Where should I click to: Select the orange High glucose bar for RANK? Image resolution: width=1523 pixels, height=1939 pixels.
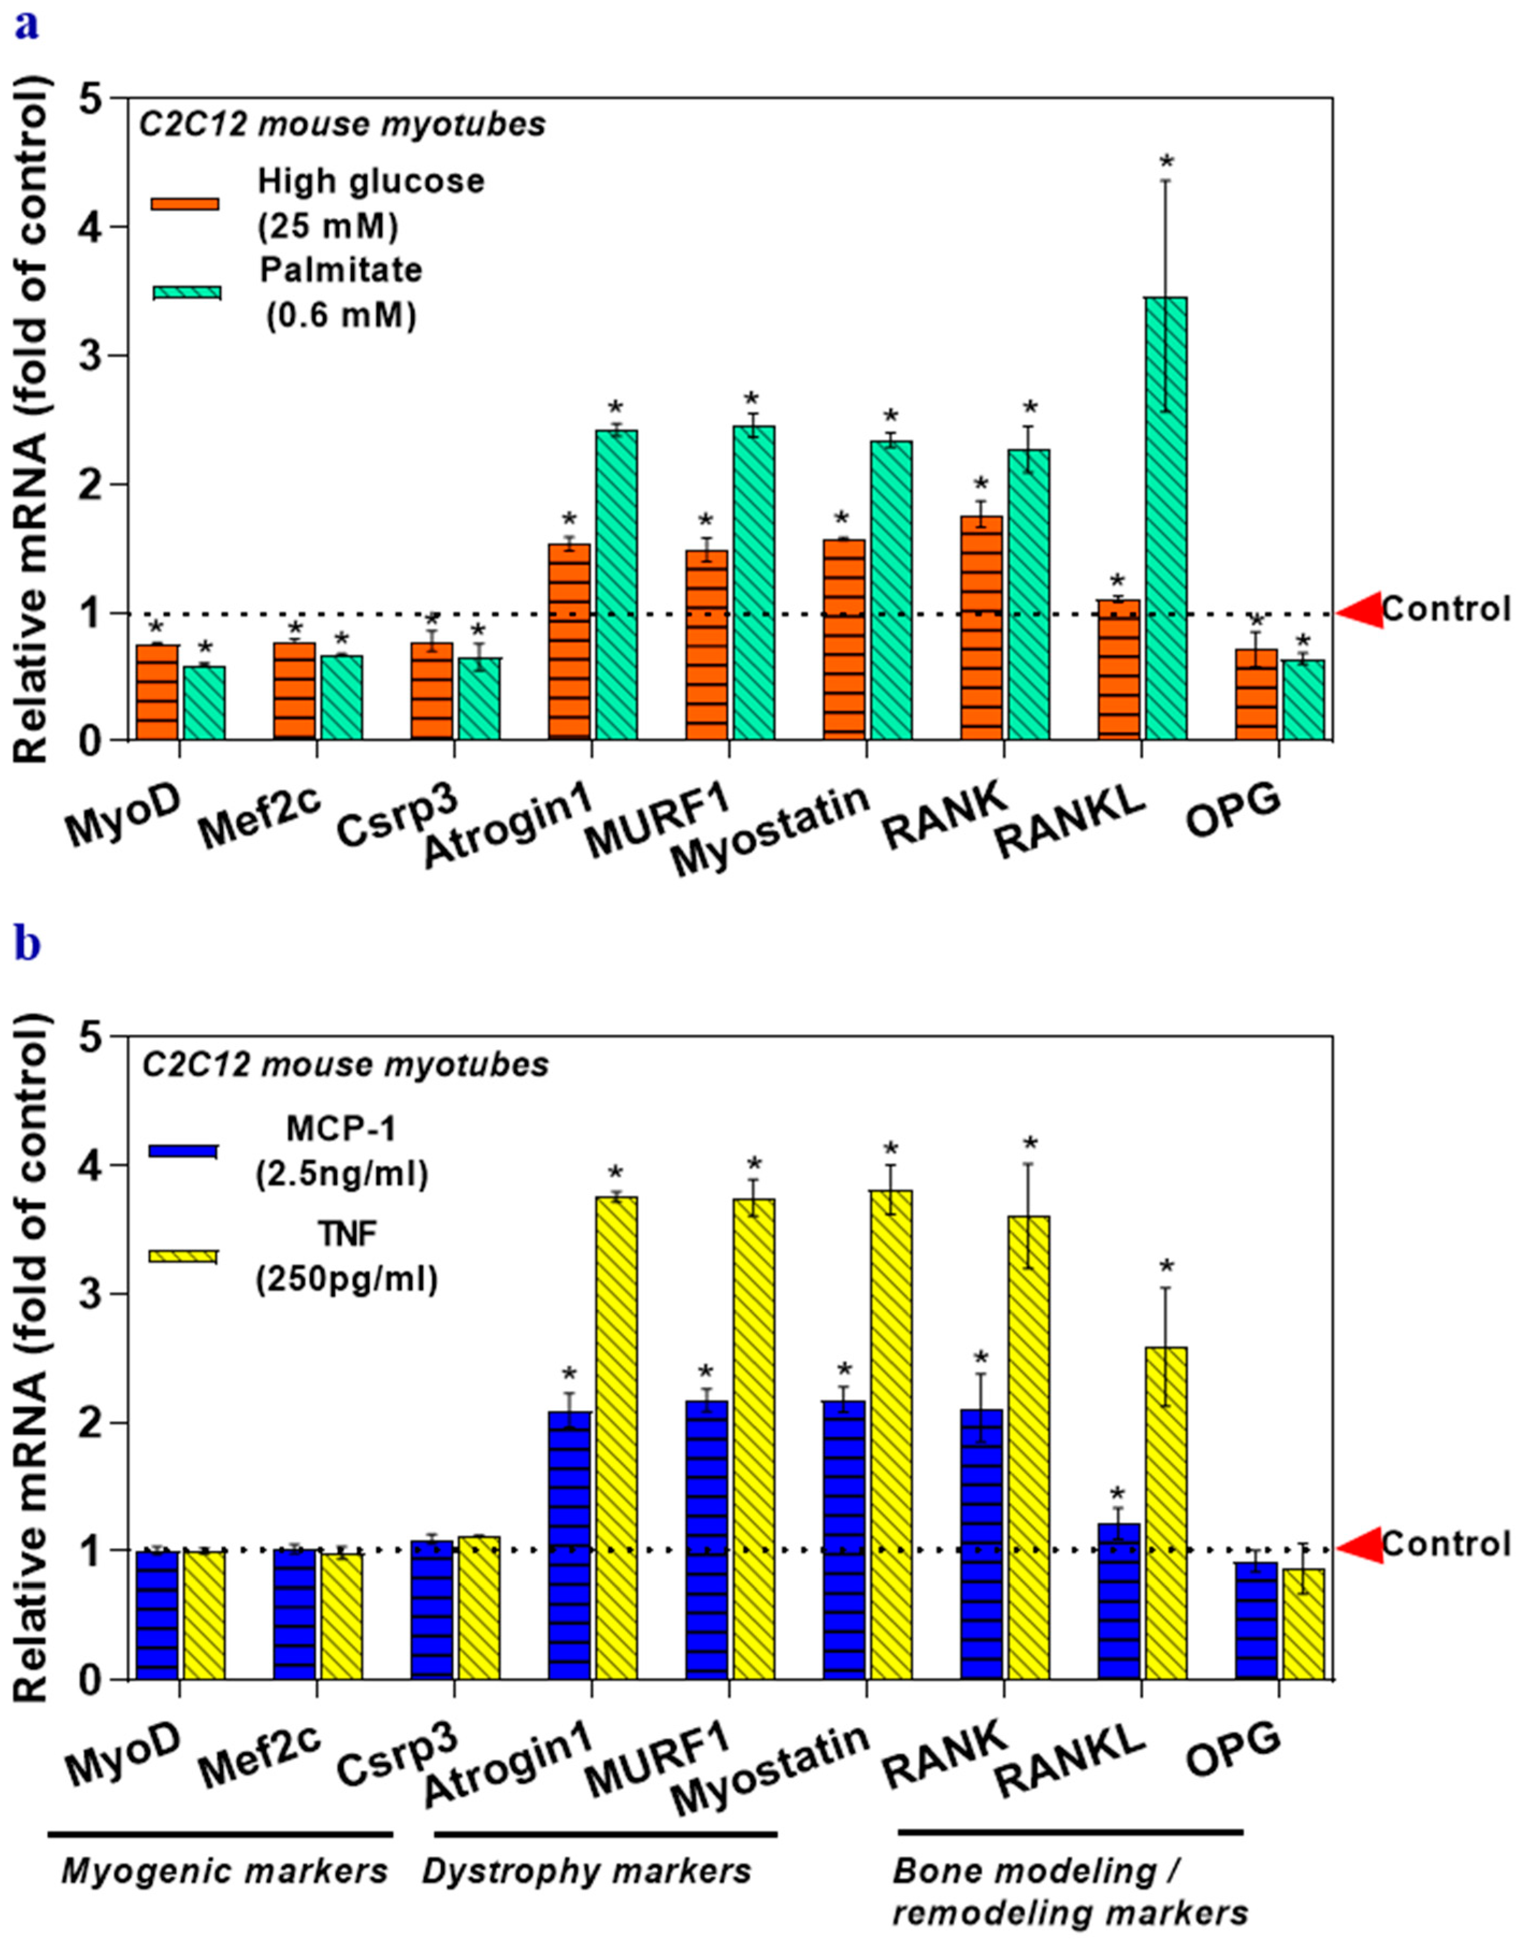pos(981,629)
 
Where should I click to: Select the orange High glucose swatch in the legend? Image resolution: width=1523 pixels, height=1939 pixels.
pos(185,203)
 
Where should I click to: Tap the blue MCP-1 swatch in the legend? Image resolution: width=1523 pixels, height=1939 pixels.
pos(183,1150)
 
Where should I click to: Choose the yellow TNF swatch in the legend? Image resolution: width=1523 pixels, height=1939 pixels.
pos(183,1256)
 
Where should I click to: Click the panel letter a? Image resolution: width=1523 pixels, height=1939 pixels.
pos(27,27)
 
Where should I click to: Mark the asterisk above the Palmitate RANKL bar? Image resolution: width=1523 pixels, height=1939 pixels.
pos(1166,163)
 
